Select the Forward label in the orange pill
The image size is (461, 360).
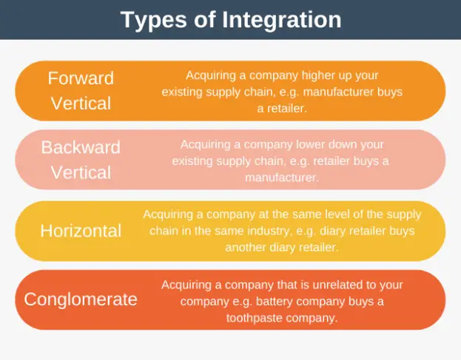point(81,78)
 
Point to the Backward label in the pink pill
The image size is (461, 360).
point(81,147)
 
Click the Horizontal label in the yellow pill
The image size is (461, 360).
point(81,231)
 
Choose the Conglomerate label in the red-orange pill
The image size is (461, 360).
point(81,299)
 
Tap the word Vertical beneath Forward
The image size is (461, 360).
point(81,103)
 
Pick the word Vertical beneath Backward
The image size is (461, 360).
point(81,172)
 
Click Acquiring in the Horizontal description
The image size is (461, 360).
point(166,214)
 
